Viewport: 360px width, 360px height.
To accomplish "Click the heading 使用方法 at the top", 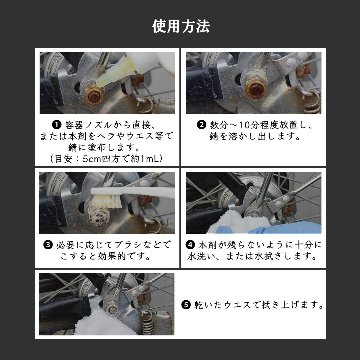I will click(x=180, y=21).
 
